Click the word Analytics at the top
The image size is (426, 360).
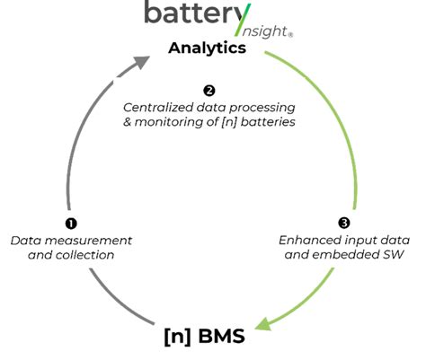tap(207, 48)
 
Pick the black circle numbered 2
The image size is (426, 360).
tap(209, 91)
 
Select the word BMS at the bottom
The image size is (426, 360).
tap(222, 338)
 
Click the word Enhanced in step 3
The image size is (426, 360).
tap(310, 240)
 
